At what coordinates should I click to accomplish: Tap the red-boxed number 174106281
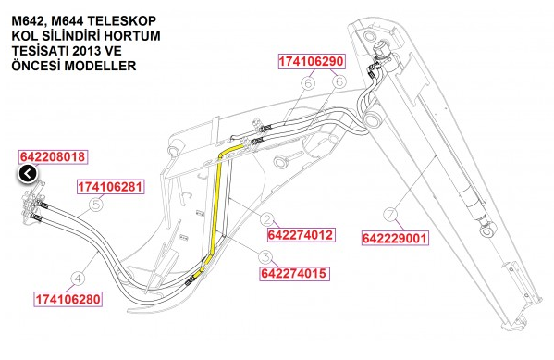pyautogui.click(x=110, y=187)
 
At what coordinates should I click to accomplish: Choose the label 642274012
pyautogui.click(x=296, y=234)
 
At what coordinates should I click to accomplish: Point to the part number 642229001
pyautogui.click(x=394, y=238)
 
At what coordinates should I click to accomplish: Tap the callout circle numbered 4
pyautogui.click(x=78, y=276)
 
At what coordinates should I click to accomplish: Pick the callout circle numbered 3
pyautogui.click(x=265, y=257)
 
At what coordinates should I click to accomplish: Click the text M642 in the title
pyautogui.click(x=27, y=20)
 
